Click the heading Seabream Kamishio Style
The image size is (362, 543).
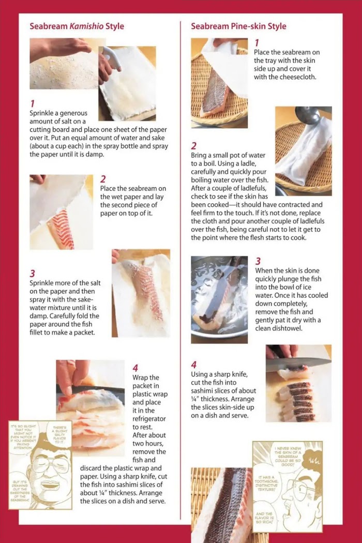(x=77, y=26)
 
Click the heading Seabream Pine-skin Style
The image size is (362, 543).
(x=238, y=26)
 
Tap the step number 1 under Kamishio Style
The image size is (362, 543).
(x=32, y=103)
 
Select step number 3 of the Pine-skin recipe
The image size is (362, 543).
(x=258, y=261)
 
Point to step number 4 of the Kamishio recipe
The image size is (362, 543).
(x=135, y=368)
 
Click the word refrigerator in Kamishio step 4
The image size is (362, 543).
(x=149, y=419)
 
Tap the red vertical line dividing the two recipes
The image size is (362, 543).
(x=180, y=270)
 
